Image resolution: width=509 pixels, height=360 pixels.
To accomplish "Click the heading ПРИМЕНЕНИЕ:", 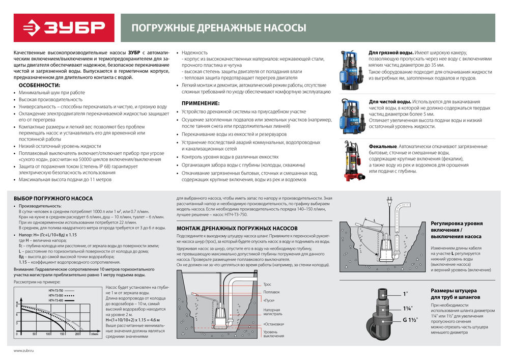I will [201, 103].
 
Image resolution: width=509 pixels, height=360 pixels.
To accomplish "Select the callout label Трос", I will [267, 284].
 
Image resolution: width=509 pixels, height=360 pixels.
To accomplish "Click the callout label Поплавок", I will [271, 292].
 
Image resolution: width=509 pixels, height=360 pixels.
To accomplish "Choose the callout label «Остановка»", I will [274, 324].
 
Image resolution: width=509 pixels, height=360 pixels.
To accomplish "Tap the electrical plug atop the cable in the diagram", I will [389, 202].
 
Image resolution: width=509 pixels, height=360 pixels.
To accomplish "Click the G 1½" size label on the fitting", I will [409, 320].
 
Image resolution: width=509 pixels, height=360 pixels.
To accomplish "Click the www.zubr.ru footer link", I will [23, 350].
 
